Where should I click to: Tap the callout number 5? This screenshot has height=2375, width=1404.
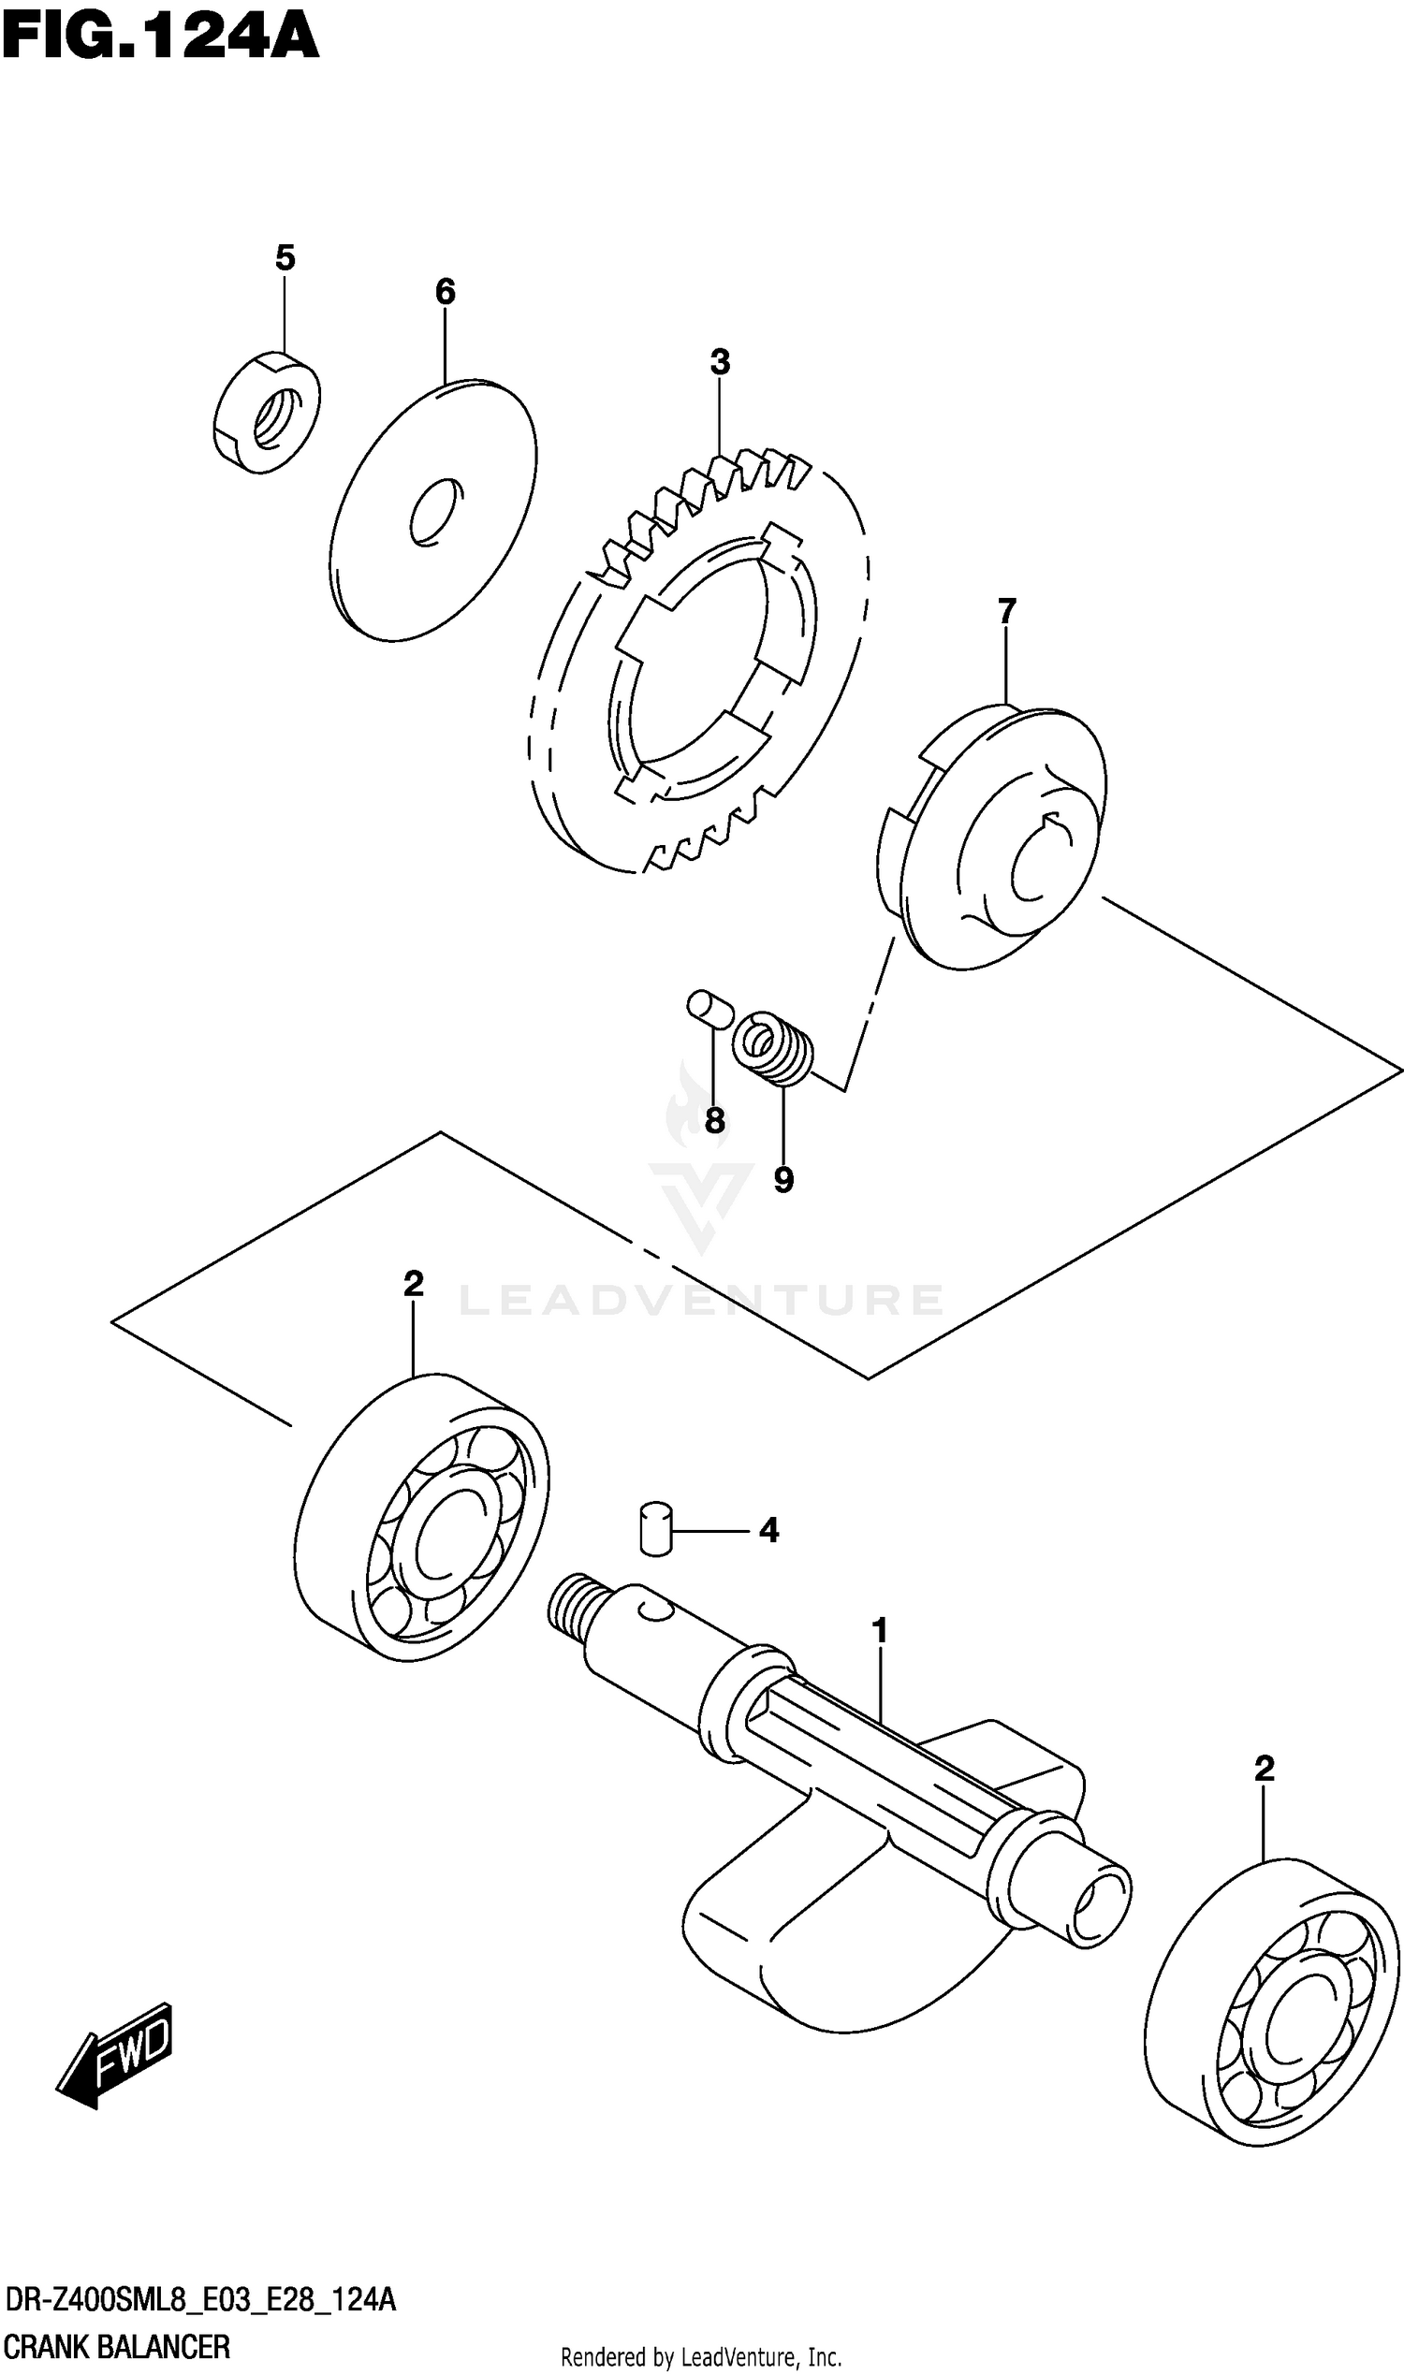pyautogui.click(x=285, y=257)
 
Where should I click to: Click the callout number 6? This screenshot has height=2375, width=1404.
pyautogui.click(x=445, y=291)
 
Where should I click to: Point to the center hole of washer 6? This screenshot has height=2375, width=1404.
pyautogui.click(x=436, y=513)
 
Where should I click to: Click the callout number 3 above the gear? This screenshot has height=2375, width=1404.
pyautogui.click(x=720, y=361)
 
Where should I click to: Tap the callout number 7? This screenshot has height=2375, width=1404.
pyautogui.click(x=1006, y=611)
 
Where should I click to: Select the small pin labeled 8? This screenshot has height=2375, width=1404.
pyautogui.click(x=709, y=1008)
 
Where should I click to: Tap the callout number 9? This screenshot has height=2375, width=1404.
pyautogui.click(x=782, y=1179)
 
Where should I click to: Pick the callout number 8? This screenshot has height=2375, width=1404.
pyautogui.click(x=715, y=1122)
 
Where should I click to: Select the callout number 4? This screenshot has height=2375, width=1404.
pyautogui.click(x=768, y=1530)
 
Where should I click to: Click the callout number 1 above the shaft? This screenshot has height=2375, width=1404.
pyautogui.click(x=880, y=1631)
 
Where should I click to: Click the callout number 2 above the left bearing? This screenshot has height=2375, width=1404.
pyautogui.click(x=413, y=1284)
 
